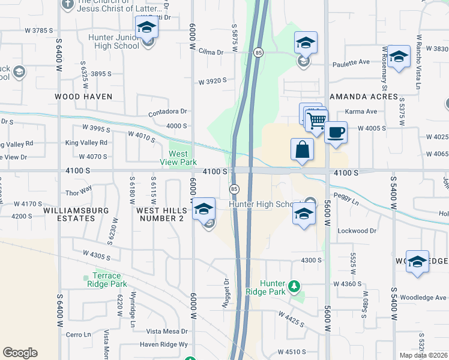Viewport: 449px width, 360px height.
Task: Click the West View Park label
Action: (178, 158)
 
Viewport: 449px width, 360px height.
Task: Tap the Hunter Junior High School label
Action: (113, 41)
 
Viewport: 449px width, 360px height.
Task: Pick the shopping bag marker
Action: (303, 149)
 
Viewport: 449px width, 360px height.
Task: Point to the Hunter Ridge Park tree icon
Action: (294, 284)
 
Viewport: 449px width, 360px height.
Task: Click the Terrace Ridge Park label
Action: (106, 280)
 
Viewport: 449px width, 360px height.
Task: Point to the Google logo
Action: (20, 353)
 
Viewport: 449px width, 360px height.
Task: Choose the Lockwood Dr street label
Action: (357, 230)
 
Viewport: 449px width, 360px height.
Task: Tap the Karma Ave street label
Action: (361, 112)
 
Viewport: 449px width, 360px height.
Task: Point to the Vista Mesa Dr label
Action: (167, 331)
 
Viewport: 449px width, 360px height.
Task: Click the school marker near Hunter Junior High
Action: (146, 28)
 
